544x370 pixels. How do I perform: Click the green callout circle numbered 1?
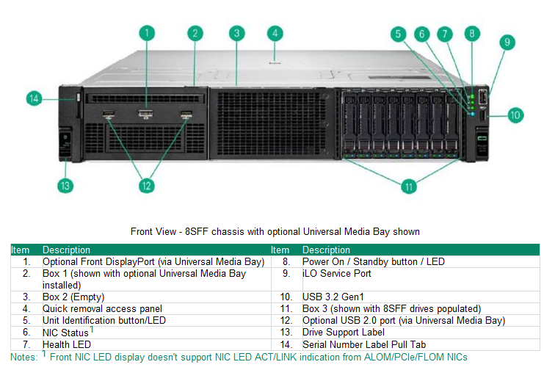pos(147,33)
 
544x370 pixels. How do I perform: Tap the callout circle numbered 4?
pos(275,33)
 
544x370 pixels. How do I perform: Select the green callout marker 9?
pos(506,42)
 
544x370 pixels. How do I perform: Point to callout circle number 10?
pos(515,115)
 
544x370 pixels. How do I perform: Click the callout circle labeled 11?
pos(408,186)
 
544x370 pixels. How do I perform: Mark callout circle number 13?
pos(65,186)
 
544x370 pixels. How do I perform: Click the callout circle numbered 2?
pos(195,33)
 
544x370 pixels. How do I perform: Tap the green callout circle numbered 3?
pos(236,33)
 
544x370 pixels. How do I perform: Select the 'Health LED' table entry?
pos(67,344)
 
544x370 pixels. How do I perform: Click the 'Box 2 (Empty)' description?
pos(73,297)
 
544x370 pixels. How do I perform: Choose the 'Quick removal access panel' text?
pos(102,309)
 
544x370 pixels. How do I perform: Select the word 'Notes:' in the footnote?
pos(21,356)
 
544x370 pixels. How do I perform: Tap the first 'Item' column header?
pos(20,250)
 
